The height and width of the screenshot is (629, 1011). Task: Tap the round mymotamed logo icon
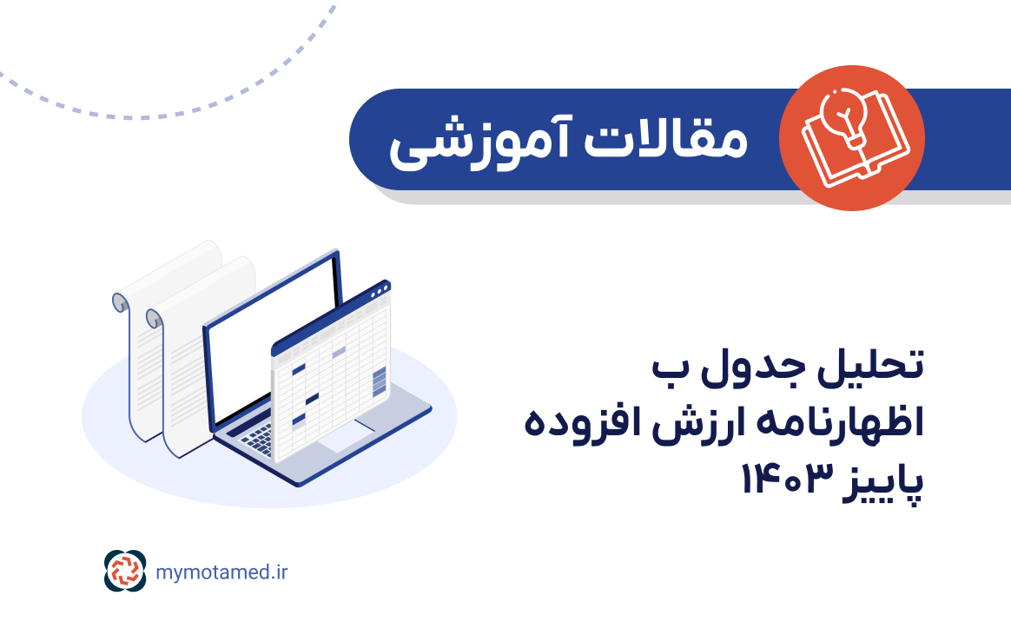point(126,571)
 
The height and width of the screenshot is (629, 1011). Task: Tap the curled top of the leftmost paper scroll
point(121,302)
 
